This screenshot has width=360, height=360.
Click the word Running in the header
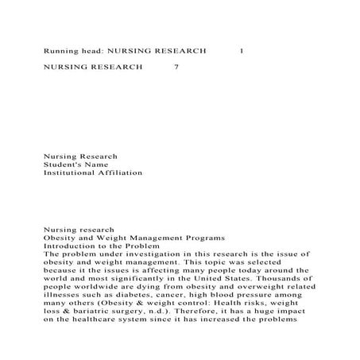click(x=61, y=50)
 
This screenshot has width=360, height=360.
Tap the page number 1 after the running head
click(x=242, y=50)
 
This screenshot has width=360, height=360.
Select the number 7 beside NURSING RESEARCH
click(x=176, y=68)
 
